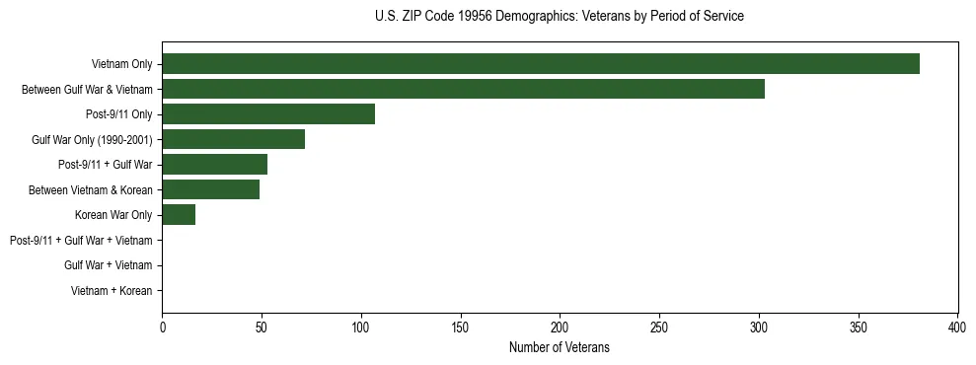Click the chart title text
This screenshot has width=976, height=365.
(x=560, y=17)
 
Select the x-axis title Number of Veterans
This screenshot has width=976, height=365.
(x=560, y=347)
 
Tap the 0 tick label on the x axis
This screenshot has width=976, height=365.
(x=162, y=327)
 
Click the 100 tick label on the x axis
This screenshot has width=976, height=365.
(x=361, y=327)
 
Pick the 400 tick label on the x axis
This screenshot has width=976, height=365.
(x=957, y=327)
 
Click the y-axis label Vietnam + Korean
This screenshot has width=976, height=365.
(x=112, y=291)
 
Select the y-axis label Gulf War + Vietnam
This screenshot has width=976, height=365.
(x=108, y=265)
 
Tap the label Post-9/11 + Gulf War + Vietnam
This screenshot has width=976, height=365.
(x=81, y=241)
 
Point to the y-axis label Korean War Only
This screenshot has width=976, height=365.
(x=113, y=215)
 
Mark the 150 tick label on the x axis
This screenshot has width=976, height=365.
(x=461, y=327)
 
